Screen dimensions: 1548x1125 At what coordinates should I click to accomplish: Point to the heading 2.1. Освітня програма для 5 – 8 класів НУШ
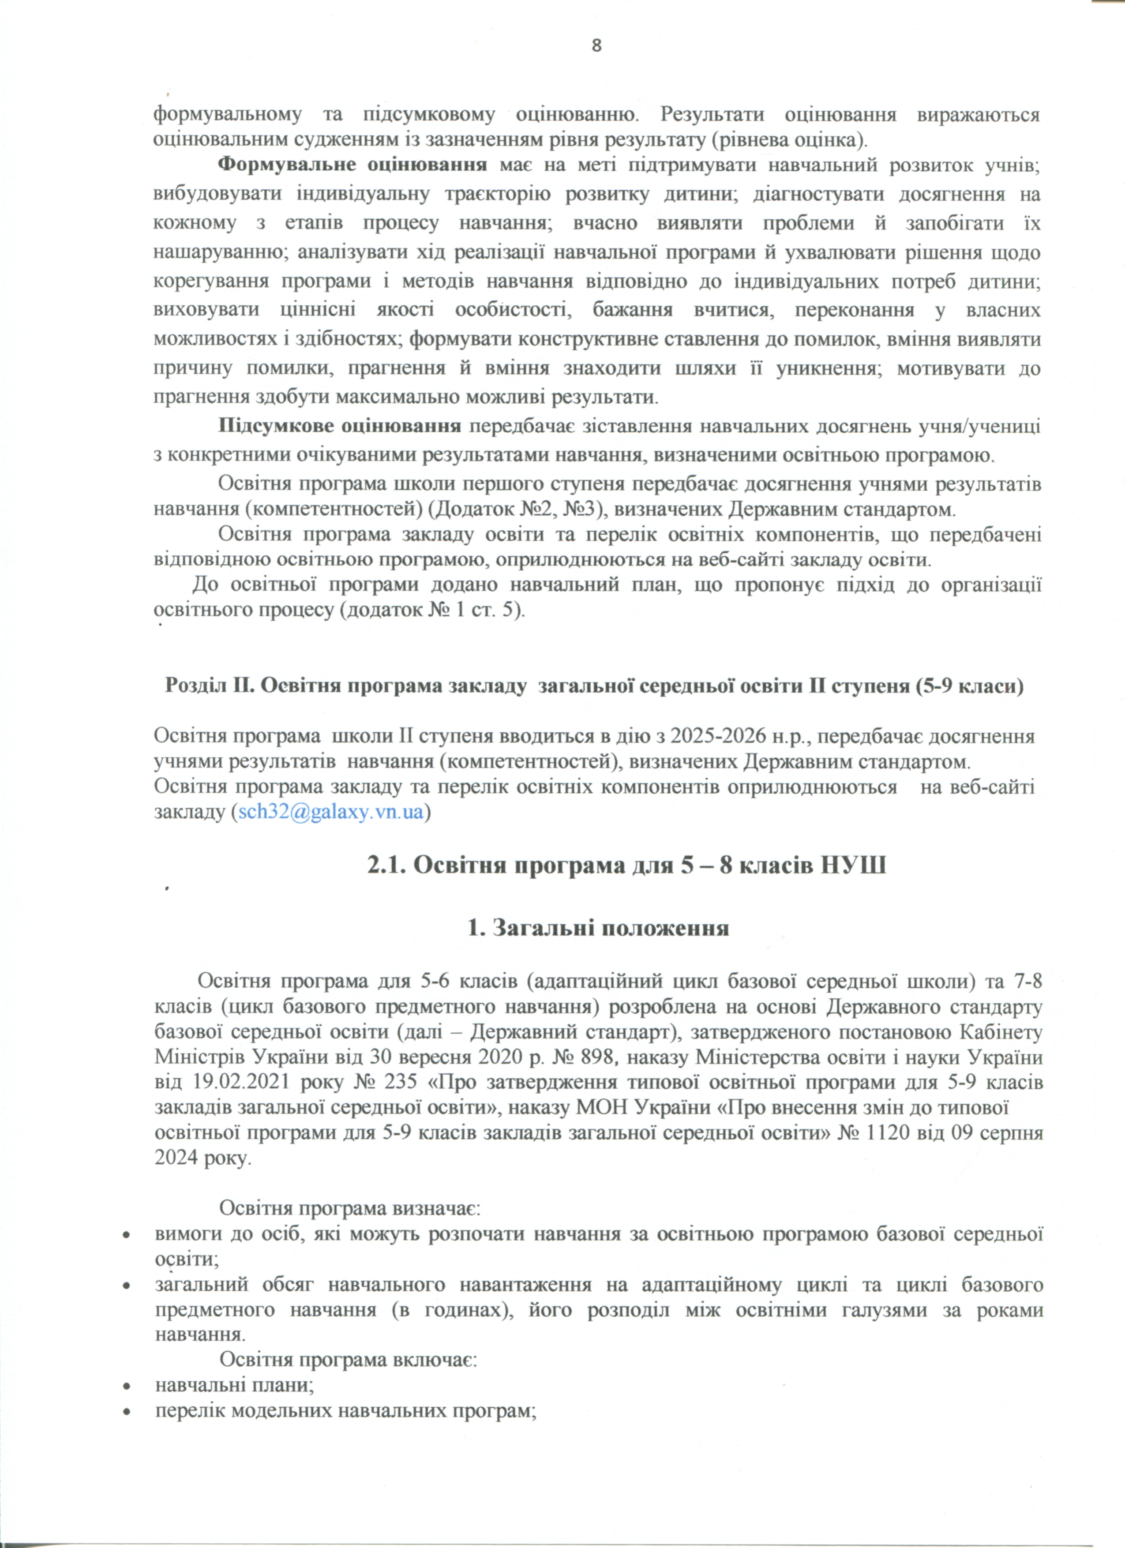626,866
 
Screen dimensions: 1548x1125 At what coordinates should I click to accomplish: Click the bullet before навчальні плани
126,1386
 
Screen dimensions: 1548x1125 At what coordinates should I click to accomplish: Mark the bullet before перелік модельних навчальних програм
126,1411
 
